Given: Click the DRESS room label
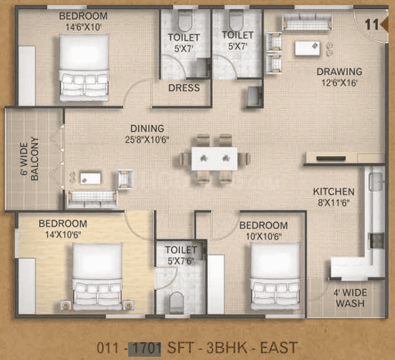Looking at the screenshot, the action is (184, 88).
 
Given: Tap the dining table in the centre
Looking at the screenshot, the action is (214, 158).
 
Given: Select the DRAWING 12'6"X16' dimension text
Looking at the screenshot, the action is (339, 83).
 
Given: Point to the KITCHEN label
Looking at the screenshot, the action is (333, 192).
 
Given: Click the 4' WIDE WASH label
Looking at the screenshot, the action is (350, 298).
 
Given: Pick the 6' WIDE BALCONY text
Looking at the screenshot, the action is (30, 159).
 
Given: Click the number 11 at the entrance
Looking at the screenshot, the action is (372, 25).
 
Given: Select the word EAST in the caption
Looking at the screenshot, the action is (279, 348).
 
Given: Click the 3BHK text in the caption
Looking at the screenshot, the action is (227, 348).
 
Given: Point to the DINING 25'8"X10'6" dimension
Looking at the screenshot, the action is (147, 139).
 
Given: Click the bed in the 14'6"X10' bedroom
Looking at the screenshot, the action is (84, 68).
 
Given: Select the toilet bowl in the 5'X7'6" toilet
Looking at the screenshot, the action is (176, 302).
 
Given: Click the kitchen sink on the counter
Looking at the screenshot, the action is (377, 181).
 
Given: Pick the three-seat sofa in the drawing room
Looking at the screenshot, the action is (307, 22).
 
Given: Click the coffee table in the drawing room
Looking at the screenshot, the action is (308, 48).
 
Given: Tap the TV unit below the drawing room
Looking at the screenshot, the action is (345, 158).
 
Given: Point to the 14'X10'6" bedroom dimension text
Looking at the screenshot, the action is (63, 235).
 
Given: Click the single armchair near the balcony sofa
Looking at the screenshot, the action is (125, 179).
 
